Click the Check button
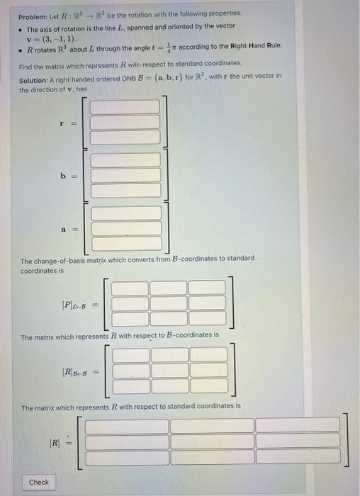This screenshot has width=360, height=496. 39,482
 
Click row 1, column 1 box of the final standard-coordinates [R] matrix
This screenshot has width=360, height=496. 127,426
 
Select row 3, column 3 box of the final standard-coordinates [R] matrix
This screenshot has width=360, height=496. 298,456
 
